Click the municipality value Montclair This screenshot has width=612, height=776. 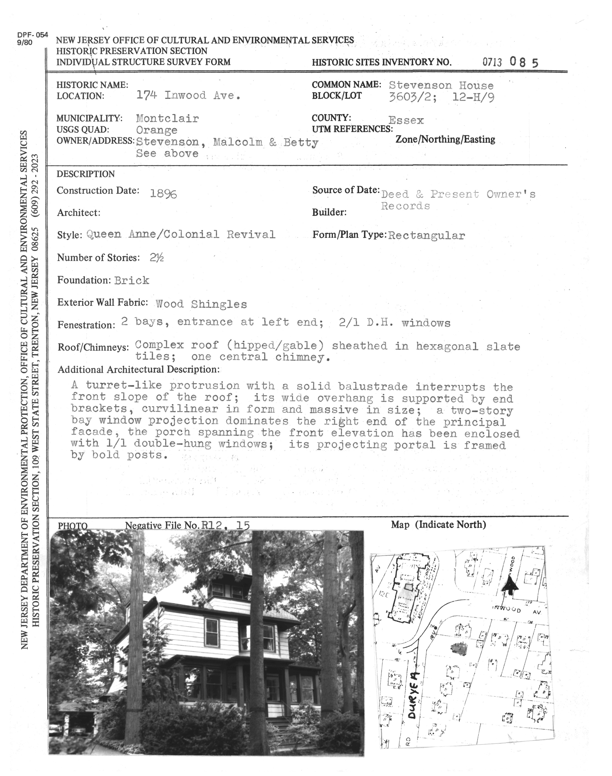(167, 118)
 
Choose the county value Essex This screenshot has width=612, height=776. (406, 120)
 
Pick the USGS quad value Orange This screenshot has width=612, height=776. (157, 130)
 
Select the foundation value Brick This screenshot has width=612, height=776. (132, 280)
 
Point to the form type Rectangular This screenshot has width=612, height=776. (426, 236)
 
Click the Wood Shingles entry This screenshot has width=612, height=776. (201, 304)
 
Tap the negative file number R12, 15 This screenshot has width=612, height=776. (225, 525)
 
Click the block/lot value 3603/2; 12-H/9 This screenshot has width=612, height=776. (441, 97)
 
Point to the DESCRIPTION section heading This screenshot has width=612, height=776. (86, 174)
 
